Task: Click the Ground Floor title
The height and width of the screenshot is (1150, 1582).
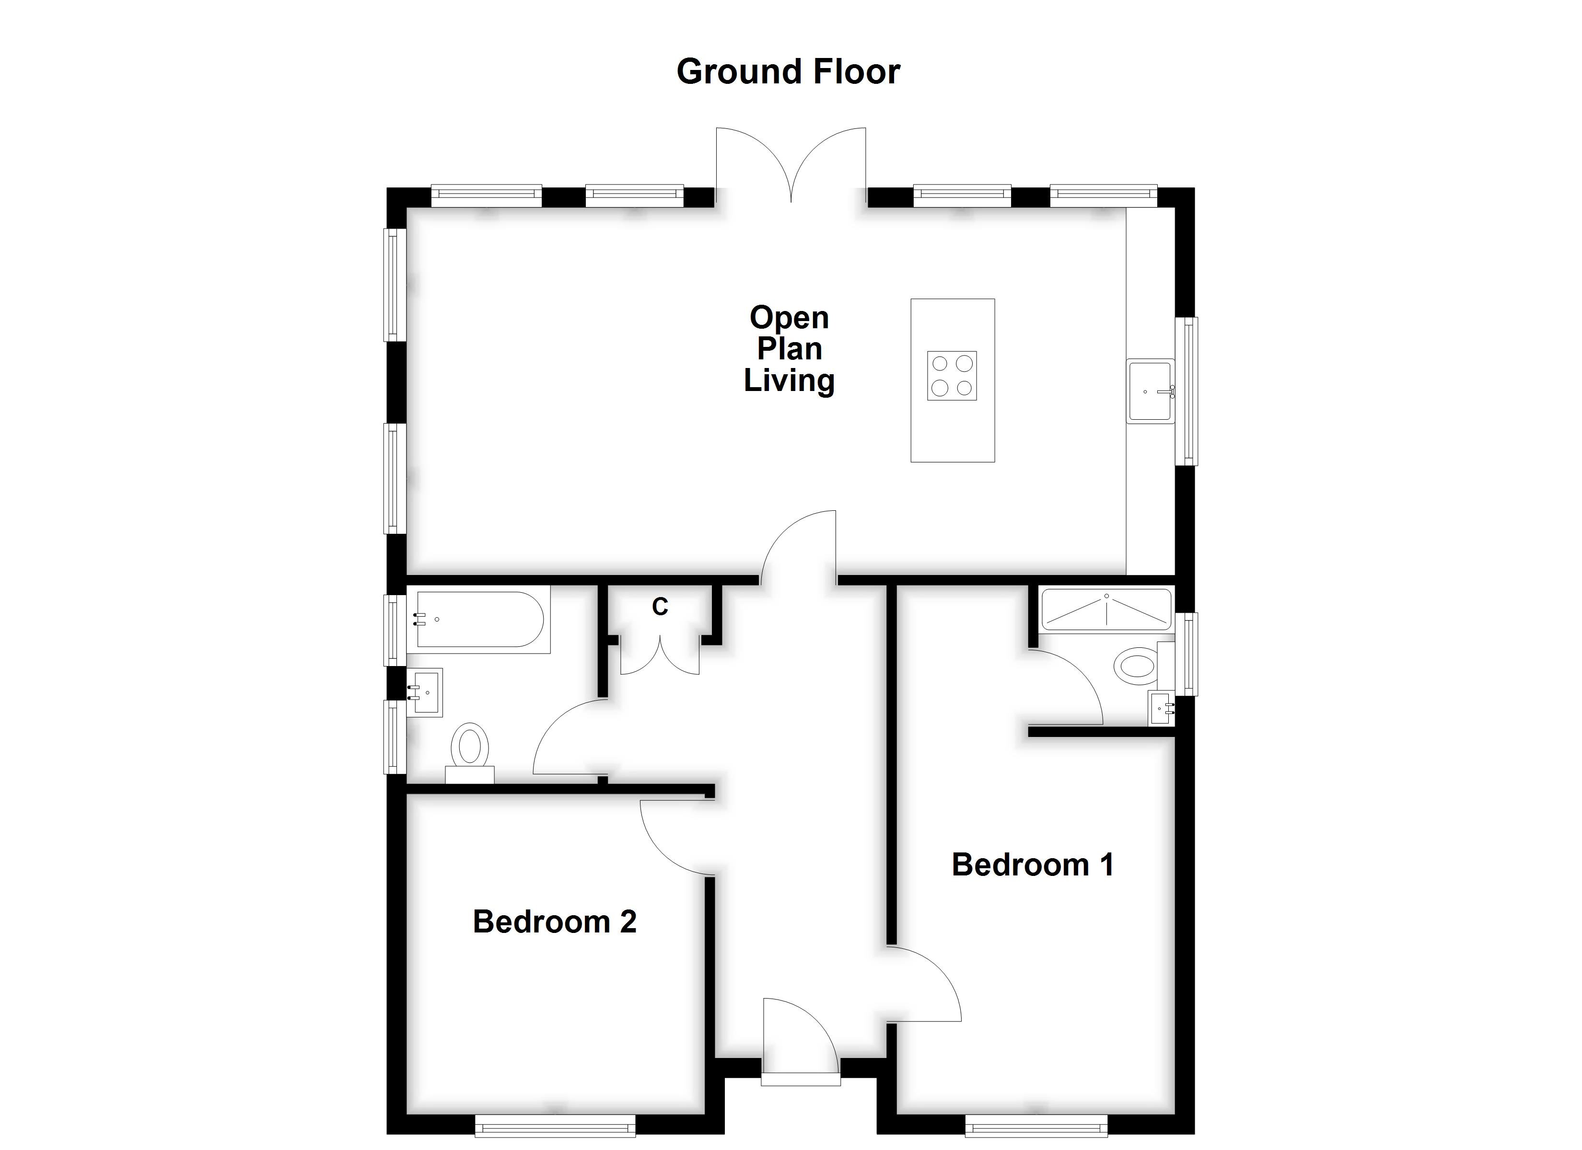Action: tap(788, 72)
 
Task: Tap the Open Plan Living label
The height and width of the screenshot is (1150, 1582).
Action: tap(789, 349)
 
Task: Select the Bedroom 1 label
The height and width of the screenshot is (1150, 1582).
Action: tap(1032, 865)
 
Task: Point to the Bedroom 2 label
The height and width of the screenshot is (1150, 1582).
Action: tap(555, 922)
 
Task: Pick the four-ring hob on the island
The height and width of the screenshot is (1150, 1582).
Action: tap(952, 375)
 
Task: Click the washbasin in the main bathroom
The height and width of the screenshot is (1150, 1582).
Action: tap(426, 692)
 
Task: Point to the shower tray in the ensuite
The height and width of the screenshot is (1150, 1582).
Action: tap(1105, 609)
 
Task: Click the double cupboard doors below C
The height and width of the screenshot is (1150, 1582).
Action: tap(660, 655)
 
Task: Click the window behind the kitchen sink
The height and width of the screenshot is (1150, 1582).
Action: tap(1186, 391)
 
